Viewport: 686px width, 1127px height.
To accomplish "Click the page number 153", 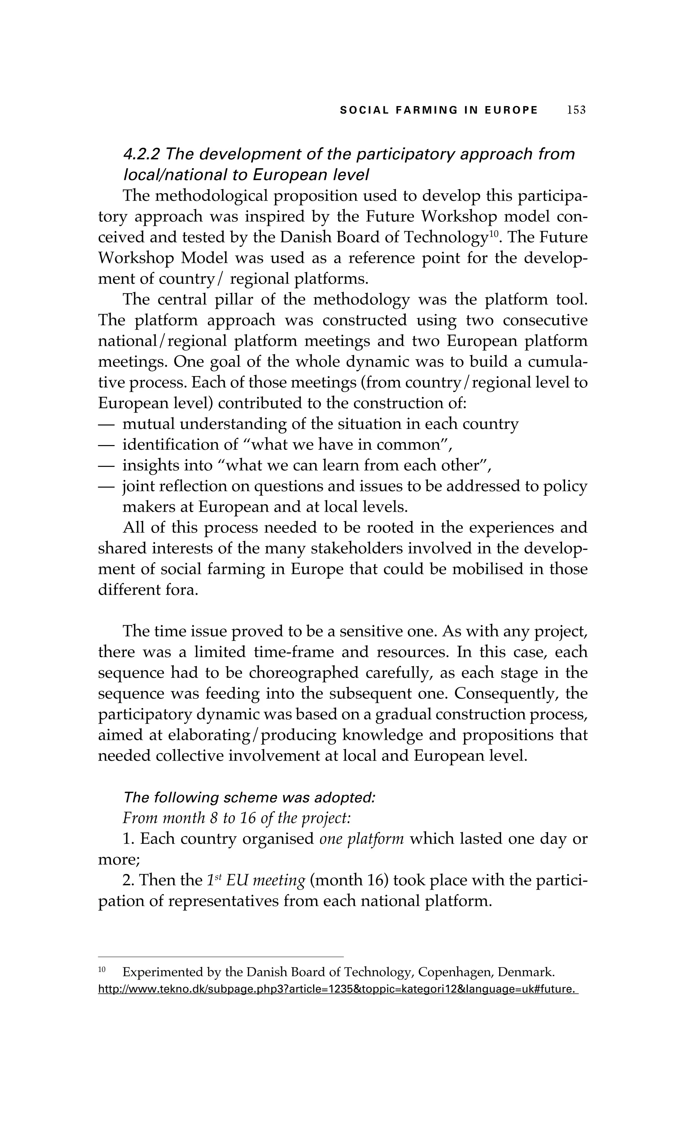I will point(576,110).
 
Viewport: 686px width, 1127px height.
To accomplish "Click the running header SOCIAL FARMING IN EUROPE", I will point(438,110).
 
